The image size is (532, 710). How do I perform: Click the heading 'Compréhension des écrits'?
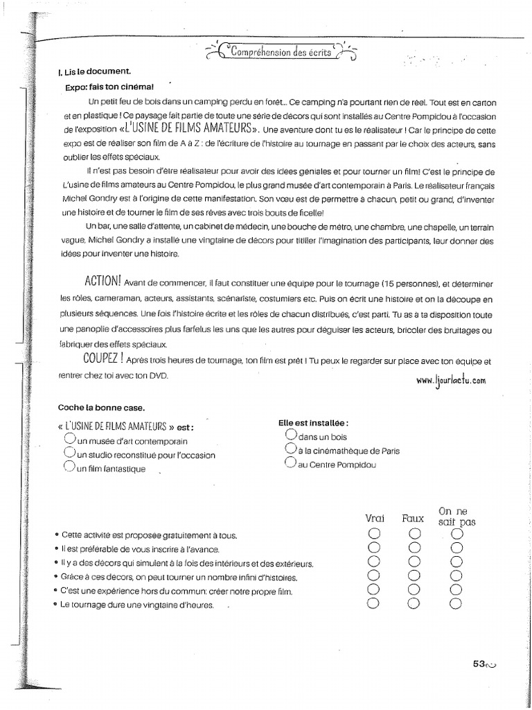click(x=281, y=52)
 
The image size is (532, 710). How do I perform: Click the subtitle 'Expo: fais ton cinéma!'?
click(x=109, y=87)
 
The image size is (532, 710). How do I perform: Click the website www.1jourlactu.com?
click(x=452, y=380)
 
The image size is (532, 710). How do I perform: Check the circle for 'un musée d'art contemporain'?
click(x=69, y=440)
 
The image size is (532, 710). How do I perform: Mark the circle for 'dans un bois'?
click(x=291, y=435)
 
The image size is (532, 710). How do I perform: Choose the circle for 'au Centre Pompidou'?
click(x=291, y=463)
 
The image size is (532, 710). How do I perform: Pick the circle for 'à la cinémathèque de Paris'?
click(x=291, y=449)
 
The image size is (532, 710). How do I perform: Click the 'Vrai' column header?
click(x=375, y=518)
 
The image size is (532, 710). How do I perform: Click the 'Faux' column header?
click(x=414, y=518)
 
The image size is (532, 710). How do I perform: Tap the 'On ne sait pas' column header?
click(x=456, y=517)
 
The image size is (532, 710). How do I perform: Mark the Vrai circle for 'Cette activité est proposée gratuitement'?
click(x=375, y=534)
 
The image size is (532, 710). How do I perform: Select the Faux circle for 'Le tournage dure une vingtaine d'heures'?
click(x=414, y=603)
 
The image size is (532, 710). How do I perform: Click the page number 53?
click(x=479, y=663)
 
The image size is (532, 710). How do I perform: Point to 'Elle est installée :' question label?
click(x=313, y=422)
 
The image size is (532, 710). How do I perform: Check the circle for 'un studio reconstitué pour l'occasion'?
click(x=69, y=453)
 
